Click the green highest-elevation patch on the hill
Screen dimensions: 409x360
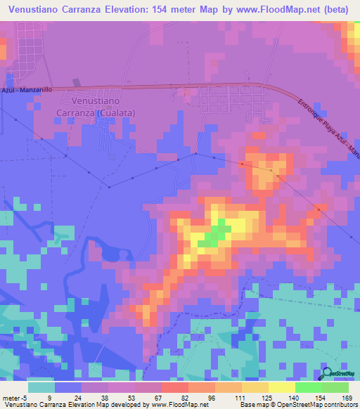[x=214, y=235]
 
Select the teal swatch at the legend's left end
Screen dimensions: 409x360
[x=41, y=387]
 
